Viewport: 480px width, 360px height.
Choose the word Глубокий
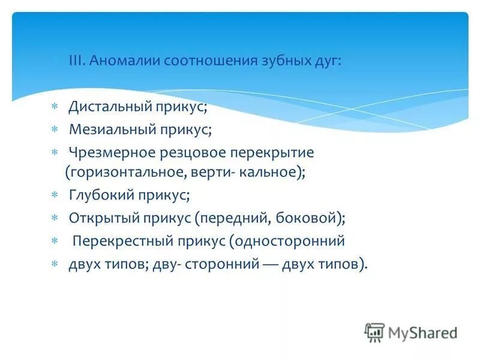(103, 196)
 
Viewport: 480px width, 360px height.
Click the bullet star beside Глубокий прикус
(55, 196)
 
